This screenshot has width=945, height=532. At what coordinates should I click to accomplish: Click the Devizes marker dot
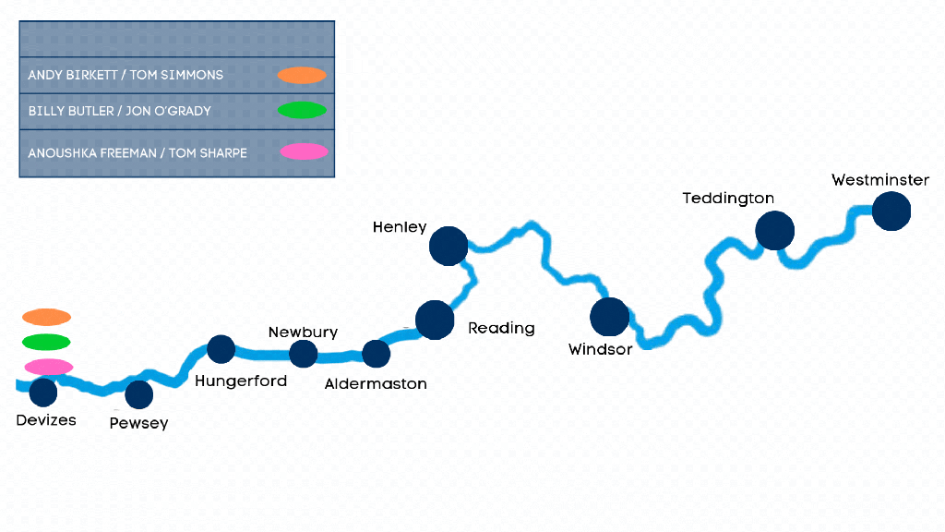point(43,393)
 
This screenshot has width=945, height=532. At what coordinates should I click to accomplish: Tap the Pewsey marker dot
point(138,394)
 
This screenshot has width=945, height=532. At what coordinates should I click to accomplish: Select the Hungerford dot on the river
point(221,349)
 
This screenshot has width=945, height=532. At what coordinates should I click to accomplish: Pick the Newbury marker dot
point(303,354)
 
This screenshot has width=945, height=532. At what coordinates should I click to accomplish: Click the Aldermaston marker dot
point(376,354)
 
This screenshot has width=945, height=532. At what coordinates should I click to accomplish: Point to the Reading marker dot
point(435,320)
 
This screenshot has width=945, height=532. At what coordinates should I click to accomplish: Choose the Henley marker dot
point(449,247)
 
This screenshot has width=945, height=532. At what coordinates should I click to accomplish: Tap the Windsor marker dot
point(609,317)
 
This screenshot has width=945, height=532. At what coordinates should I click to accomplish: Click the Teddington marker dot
point(774,231)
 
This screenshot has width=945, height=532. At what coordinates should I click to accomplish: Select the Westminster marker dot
point(891,211)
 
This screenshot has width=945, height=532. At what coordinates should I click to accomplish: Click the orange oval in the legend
point(303,75)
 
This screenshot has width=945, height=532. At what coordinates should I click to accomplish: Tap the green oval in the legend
point(303,111)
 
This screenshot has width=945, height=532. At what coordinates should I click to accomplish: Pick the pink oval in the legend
point(304,151)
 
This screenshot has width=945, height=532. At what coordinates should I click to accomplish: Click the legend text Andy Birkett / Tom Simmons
point(126,75)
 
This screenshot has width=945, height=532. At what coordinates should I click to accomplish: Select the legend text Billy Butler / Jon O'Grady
point(120,111)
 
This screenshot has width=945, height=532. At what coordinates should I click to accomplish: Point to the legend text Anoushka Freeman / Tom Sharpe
point(138,152)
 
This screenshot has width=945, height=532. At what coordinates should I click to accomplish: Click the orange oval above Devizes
point(47,318)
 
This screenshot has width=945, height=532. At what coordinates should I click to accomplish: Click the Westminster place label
point(879,180)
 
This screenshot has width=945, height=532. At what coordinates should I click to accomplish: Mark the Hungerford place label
point(241,381)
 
